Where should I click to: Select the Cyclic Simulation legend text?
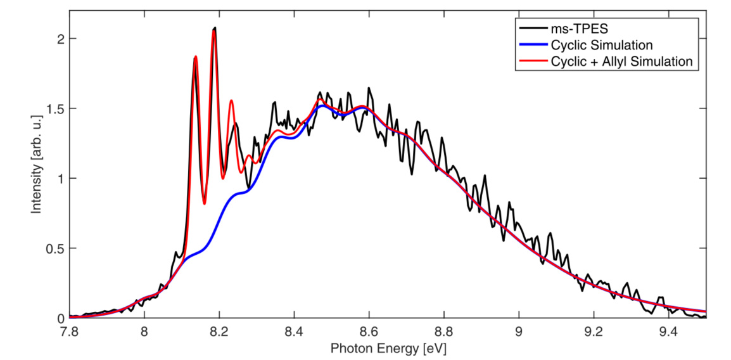pos(601,45)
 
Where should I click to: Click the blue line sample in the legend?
pos(532,45)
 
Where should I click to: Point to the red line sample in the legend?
pos(532,61)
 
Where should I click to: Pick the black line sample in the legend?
pos(532,29)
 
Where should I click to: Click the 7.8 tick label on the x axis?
pos(69,330)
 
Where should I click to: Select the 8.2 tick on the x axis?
pos(219,330)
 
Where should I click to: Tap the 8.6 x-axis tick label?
pos(369,330)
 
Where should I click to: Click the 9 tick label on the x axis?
pos(519,330)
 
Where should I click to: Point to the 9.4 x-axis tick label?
pos(669,330)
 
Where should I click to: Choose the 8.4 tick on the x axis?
pos(294,330)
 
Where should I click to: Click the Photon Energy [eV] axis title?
pos(388,347)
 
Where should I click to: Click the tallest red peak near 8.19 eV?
pos(214,32)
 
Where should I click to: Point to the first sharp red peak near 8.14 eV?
pos(196,57)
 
